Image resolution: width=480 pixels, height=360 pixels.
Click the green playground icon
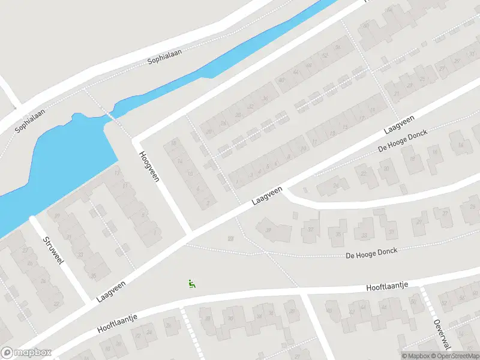192,284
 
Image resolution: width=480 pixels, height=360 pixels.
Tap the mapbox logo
25,353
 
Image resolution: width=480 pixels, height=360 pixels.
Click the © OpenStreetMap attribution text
454,356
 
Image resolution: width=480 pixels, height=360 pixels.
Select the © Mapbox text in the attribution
416,356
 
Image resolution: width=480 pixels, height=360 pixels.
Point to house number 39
268,229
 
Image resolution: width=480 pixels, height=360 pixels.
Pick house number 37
311,229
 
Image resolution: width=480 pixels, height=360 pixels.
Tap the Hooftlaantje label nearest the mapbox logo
118,325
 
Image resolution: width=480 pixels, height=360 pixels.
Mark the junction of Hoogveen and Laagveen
190,232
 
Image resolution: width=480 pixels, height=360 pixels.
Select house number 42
251,107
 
